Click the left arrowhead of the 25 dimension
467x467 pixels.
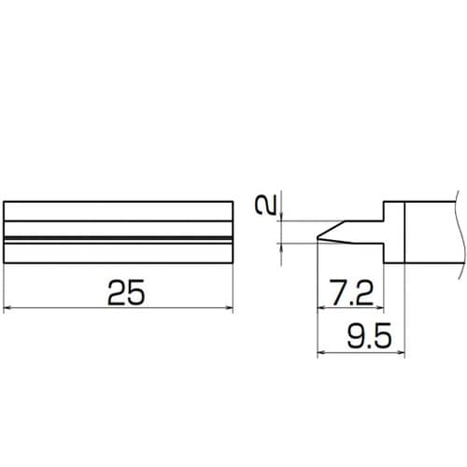[x=9, y=308]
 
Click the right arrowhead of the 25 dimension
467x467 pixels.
[x=227, y=308]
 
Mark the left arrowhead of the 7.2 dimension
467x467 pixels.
[x=322, y=308]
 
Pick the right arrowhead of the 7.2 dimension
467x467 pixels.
[x=380, y=308]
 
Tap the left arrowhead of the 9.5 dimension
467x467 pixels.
[x=322, y=351]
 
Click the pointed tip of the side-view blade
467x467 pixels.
[x=319, y=232]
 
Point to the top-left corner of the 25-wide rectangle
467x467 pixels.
[x=6, y=201]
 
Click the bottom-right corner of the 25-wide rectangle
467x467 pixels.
[x=231, y=262]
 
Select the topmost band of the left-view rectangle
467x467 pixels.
[x=119, y=211]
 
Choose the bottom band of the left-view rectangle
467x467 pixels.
[x=119, y=251]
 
